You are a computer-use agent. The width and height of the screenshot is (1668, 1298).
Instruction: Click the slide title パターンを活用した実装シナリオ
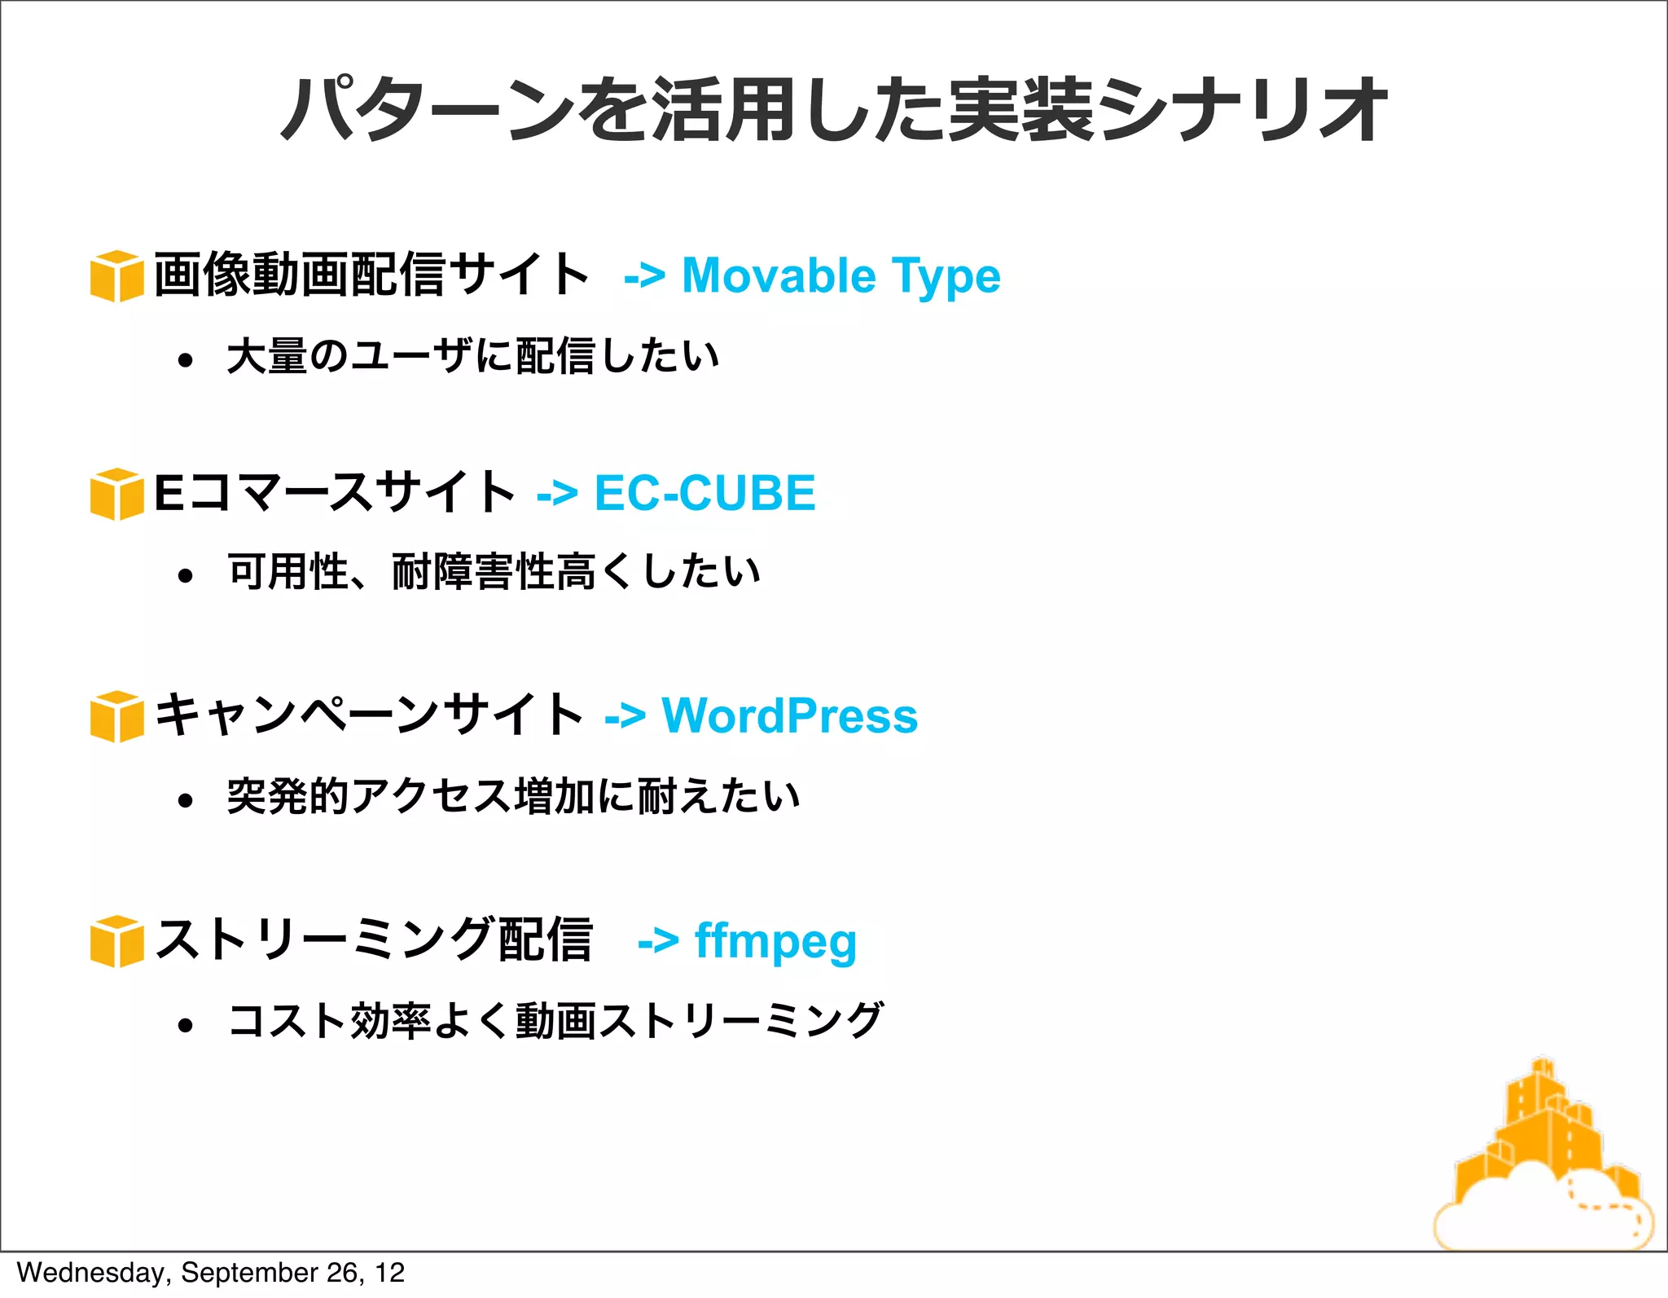tap(833, 110)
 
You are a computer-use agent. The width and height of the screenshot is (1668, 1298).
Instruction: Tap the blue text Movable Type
tap(841, 276)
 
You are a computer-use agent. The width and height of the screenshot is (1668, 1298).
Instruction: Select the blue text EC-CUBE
tap(705, 493)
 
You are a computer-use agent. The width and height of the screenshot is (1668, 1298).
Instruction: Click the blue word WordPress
tap(789, 715)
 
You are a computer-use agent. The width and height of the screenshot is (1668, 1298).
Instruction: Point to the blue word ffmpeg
tap(775, 941)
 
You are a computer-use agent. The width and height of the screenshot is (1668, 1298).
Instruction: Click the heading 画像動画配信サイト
tap(371, 275)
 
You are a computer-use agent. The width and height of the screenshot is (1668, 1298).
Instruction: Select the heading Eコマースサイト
tap(335, 492)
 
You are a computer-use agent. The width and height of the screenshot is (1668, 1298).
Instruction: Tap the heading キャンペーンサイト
tap(369, 715)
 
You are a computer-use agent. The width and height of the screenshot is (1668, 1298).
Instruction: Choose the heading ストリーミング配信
tap(374, 939)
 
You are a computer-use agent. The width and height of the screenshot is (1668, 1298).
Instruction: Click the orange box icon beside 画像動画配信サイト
tap(116, 276)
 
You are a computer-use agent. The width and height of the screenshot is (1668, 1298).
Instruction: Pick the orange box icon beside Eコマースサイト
tap(116, 494)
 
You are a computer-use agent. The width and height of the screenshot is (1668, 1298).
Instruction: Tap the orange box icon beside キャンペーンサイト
tap(116, 716)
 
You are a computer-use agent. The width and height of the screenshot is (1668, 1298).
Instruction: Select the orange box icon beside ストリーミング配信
tap(116, 941)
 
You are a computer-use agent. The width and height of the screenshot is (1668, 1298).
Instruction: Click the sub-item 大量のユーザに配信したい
tap(472, 356)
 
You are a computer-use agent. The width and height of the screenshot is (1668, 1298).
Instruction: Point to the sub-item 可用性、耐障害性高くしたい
tap(494, 571)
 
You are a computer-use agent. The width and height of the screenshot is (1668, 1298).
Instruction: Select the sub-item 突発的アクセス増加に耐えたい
tap(513, 796)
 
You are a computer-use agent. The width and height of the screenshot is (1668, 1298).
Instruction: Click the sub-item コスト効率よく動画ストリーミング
tap(555, 1021)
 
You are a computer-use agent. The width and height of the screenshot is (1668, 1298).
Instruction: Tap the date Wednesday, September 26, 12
tap(210, 1273)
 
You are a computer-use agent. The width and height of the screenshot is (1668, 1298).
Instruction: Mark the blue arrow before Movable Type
tap(644, 277)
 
